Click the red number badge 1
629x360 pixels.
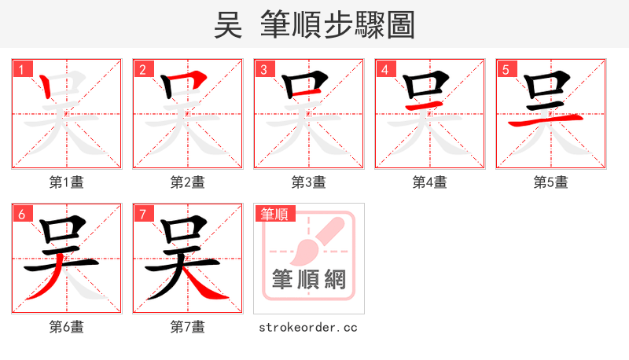21,69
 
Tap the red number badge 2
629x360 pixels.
142,69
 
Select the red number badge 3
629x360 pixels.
263,69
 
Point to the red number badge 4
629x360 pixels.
384,69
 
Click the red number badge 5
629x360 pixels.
506,69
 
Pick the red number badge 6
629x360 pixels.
21,214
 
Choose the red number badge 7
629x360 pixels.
142,214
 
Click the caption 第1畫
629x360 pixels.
66,182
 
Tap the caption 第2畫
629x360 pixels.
187,182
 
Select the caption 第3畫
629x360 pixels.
308,182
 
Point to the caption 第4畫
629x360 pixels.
429,182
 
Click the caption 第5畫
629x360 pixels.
550,182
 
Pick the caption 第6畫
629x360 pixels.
66,327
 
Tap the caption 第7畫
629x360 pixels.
187,327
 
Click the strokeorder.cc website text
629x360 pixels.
308,327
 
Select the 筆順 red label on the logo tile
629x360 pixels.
274,214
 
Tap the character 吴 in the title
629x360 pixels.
228,25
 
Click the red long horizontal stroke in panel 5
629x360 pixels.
546,120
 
